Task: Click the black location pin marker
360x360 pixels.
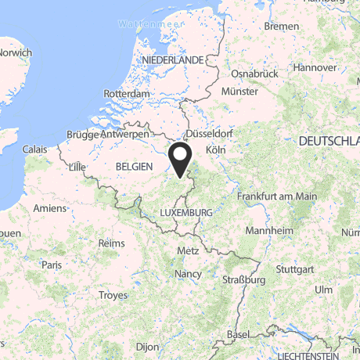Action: click(x=181, y=159)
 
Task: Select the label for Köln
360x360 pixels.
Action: click(x=215, y=149)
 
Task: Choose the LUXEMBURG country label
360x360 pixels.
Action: click(x=185, y=212)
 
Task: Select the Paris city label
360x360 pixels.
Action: click(x=52, y=265)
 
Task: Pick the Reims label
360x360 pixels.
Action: click(x=112, y=243)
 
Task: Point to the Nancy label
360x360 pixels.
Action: click(x=189, y=275)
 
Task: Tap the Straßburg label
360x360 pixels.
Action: click(x=244, y=279)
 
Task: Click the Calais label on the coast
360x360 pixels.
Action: click(x=34, y=148)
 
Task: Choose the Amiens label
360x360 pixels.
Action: click(x=49, y=207)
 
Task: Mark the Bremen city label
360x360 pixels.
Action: click(x=282, y=26)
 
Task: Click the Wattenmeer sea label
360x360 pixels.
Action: click(x=145, y=24)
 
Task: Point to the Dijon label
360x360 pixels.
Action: click(x=146, y=345)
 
